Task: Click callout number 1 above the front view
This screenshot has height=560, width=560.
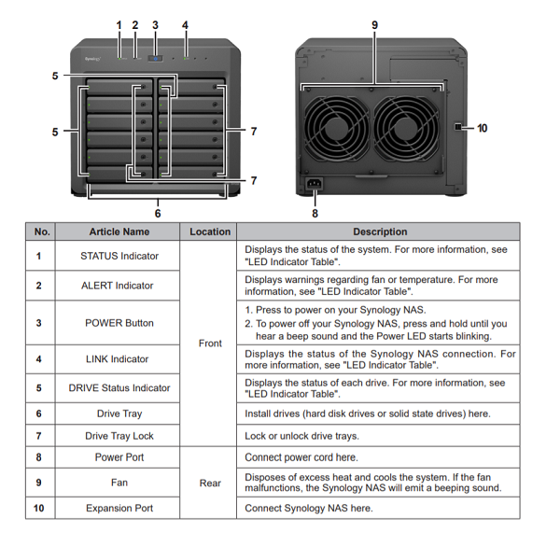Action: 119,25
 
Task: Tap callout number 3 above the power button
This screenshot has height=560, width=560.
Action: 155,25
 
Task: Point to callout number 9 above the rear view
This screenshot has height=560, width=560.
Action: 374,25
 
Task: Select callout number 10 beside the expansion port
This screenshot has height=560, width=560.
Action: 482,128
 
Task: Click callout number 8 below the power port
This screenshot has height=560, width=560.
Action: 315,213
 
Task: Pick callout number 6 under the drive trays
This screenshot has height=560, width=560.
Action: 157,213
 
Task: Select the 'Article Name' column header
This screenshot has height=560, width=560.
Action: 119,231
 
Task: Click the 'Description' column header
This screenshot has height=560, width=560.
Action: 380,231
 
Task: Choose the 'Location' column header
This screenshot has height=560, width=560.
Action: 210,231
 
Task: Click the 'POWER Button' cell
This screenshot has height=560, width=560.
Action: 119,323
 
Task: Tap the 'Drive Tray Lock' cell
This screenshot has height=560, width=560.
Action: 119,436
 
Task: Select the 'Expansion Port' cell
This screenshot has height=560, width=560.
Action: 119,508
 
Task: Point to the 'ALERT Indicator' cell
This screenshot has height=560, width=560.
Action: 119,286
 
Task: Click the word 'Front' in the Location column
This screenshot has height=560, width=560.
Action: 210,343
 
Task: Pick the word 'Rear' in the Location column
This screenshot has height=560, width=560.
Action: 210,483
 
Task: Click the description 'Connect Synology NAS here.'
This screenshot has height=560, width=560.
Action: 308,508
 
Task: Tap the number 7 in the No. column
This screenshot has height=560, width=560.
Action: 38,436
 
